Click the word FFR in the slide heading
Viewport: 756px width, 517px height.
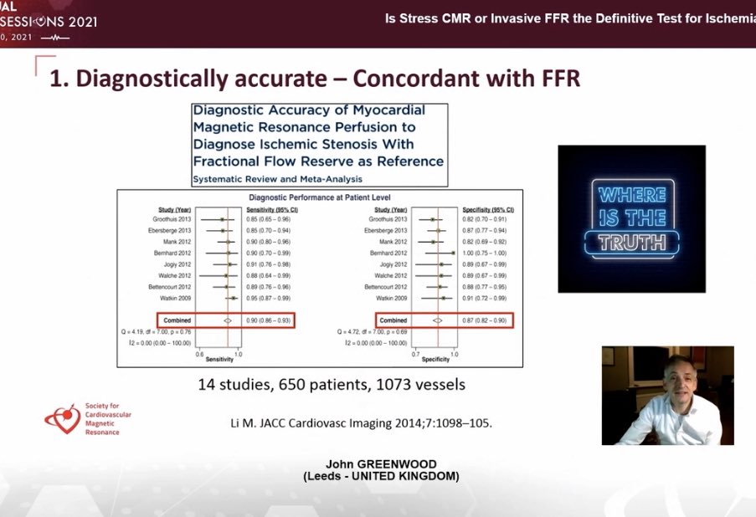pos(554,79)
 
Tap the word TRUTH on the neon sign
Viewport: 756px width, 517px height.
pos(632,243)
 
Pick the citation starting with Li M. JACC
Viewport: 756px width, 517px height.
pos(361,422)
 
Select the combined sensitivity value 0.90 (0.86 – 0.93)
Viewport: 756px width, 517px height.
pos(267,320)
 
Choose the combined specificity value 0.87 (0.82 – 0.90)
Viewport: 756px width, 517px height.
pos(488,320)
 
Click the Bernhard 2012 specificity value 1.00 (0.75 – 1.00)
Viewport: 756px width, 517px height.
pos(488,252)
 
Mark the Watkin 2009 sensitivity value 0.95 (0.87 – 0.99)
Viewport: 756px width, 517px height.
pos(267,298)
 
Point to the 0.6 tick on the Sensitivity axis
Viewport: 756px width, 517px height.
pos(198,354)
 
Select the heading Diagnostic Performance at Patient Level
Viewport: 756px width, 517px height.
pos(319,198)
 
